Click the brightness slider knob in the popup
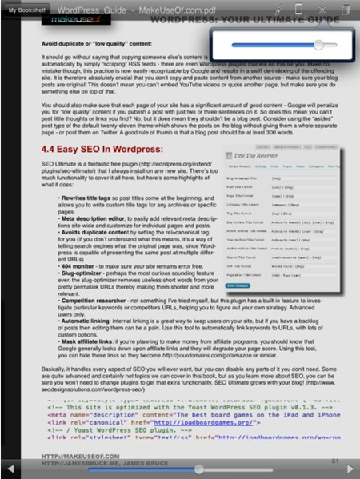click(x=319, y=45)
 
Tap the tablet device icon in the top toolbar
click(x=299, y=9)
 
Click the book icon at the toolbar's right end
click(x=346, y=9)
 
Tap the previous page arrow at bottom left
click(x=10, y=469)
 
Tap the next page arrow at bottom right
click(x=350, y=469)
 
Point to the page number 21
click(x=336, y=461)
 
